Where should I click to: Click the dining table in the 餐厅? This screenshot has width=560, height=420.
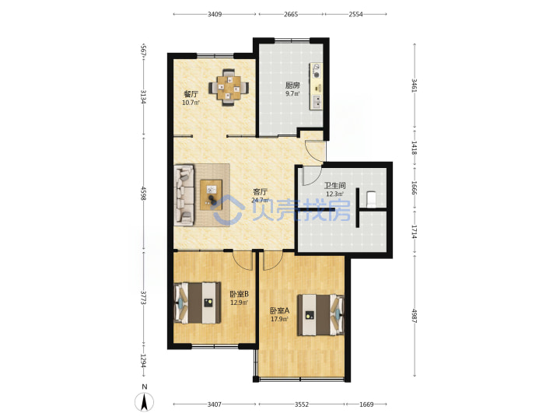tap(229, 87)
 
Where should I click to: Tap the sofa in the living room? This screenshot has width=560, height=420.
tap(184, 195)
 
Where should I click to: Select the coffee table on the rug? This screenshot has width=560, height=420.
tap(211, 195)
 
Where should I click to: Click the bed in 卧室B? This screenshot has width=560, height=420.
tap(197, 303)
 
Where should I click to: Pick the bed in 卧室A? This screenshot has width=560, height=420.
tap(321, 315)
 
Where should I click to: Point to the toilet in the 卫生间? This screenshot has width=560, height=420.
tap(372, 199)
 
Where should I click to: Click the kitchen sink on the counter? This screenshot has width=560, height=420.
tap(317, 102)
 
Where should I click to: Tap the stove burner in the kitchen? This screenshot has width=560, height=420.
tap(317, 75)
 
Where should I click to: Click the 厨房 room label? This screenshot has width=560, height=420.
tap(292, 86)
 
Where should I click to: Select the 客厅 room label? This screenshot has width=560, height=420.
tap(260, 192)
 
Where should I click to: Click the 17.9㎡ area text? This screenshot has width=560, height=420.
tap(279, 319)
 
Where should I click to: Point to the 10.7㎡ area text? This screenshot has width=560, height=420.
tap(191, 103)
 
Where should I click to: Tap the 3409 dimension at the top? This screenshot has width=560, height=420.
tap(215, 14)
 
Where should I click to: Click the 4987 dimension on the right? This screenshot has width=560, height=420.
tap(415, 316)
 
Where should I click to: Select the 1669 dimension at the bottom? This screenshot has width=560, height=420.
tap(366, 404)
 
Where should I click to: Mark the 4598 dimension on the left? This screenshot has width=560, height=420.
tap(143, 193)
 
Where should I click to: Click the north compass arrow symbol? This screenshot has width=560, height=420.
tap(145, 402)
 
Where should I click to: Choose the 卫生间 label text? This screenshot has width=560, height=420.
tap(334, 185)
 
